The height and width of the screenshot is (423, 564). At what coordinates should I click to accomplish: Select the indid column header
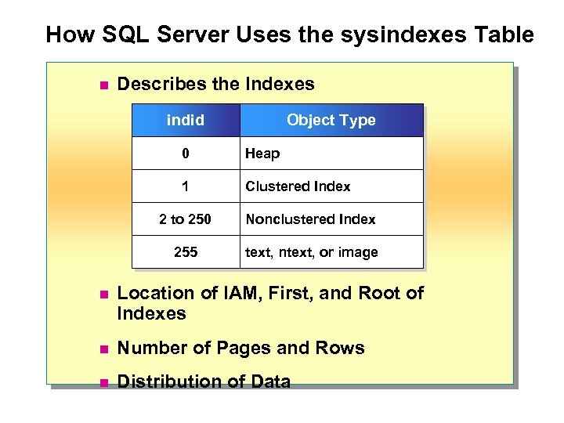point(186,121)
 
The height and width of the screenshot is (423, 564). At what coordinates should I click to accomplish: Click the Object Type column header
point(331,121)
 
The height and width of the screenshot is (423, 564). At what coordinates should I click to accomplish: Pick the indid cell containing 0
point(186,154)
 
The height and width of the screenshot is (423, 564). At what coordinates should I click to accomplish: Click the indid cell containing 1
point(186,186)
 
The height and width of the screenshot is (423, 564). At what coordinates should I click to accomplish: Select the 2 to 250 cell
point(186,219)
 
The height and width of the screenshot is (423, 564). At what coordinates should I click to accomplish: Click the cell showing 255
point(186,252)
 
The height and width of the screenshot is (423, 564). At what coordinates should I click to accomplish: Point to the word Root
point(379,294)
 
